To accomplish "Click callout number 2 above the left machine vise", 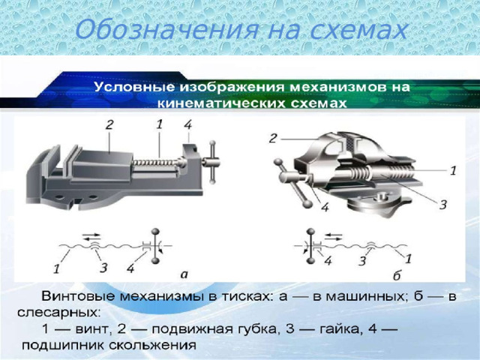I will click(109, 126).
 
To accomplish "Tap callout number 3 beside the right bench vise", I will click(443, 204).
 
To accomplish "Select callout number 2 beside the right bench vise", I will click(274, 138).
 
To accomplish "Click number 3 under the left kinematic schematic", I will click(103, 267).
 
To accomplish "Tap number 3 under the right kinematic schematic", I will click(362, 261).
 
